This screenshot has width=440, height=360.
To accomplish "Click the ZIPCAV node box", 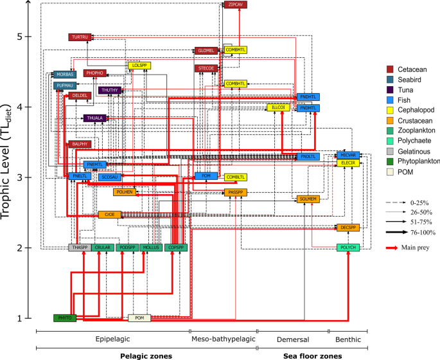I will tap(235, 4).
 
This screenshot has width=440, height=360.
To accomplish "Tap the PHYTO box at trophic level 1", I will tap(64, 318).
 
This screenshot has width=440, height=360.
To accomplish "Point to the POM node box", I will tap(139, 318).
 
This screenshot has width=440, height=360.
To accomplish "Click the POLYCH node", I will tap(348, 248).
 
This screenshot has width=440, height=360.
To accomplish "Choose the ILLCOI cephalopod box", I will tap(278, 107).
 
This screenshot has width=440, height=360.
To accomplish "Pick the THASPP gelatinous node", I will tap(80, 248).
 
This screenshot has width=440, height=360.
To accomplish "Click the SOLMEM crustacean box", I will tap(308, 199).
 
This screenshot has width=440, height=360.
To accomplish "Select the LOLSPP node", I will tap(139, 66).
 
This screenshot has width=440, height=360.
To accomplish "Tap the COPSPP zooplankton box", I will tap(175, 248).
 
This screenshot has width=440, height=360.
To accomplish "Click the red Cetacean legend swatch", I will tap(390, 69).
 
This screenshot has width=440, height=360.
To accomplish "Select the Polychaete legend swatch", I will tap(390, 139).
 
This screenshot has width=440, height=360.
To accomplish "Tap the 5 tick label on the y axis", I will tap(28, 37).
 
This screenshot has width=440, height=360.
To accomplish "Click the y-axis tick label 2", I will tap(28, 248).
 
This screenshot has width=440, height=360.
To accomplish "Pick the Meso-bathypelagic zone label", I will tap(223, 339).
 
